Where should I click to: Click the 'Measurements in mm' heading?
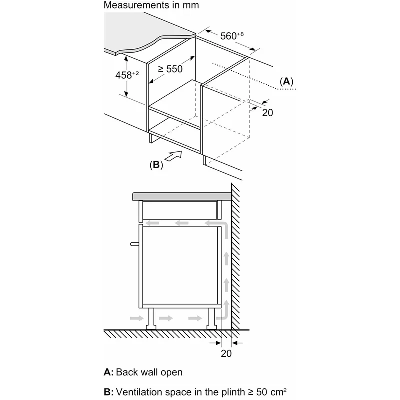click(x=151, y=5)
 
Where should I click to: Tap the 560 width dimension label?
click(x=232, y=36)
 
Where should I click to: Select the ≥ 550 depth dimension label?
click(x=170, y=69)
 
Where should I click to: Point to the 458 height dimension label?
click(x=127, y=75)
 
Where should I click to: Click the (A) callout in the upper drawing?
click(x=286, y=81)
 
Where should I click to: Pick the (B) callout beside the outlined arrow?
click(x=156, y=165)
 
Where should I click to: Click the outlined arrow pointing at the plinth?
click(x=173, y=156)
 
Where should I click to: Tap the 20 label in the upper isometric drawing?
click(x=267, y=113)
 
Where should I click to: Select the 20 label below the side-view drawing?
click(x=226, y=353)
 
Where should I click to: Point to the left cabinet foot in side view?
click(x=151, y=319)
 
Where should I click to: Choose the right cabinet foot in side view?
click(x=212, y=319)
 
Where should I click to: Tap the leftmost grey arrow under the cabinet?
click(x=137, y=318)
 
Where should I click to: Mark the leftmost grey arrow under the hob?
click(x=152, y=223)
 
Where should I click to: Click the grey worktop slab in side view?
click(x=182, y=196)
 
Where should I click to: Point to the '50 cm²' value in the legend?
click(x=271, y=392)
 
